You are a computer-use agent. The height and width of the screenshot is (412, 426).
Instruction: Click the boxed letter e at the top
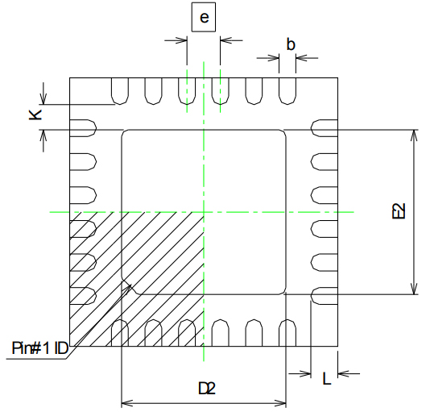pos(203,18)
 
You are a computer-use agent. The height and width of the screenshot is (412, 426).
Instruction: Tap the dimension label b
pos(289,45)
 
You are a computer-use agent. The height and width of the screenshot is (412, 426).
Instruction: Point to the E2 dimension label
pos(397,212)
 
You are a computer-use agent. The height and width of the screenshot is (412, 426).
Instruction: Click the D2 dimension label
pos(207,389)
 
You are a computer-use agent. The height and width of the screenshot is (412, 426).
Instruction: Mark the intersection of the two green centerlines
pos(204,211)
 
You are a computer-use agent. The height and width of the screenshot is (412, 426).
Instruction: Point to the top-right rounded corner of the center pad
pos(283,133)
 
